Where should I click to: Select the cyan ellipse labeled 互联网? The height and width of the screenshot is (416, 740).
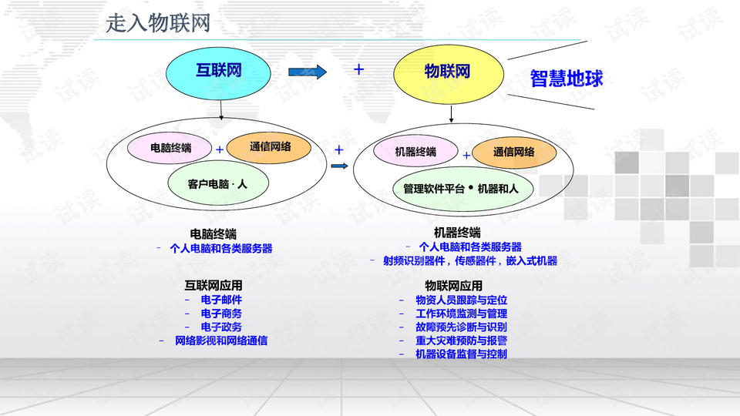click(219, 72)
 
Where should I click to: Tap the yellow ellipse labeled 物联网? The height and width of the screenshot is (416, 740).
click(447, 72)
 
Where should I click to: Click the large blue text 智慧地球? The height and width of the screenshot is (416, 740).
click(567, 78)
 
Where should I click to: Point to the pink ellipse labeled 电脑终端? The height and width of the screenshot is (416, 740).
click(170, 146)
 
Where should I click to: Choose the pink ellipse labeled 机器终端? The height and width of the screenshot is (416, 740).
click(415, 151)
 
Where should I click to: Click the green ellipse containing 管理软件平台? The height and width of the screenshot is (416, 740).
click(461, 188)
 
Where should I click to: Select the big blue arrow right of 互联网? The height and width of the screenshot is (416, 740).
click(308, 72)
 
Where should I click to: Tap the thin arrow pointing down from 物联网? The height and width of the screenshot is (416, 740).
click(452, 113)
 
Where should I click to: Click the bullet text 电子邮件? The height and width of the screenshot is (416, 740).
click(221, 300)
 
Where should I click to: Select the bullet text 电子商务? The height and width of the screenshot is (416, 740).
click(221, 314)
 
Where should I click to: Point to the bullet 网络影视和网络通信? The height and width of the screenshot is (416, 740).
click(221, 341)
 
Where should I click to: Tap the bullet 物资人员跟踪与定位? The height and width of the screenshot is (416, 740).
click(461, 300)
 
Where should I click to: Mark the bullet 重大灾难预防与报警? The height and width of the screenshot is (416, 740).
click(461, 341)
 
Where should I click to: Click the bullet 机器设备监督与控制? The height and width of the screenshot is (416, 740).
click(461, 354)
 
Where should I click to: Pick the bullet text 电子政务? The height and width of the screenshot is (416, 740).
click(221, 327)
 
